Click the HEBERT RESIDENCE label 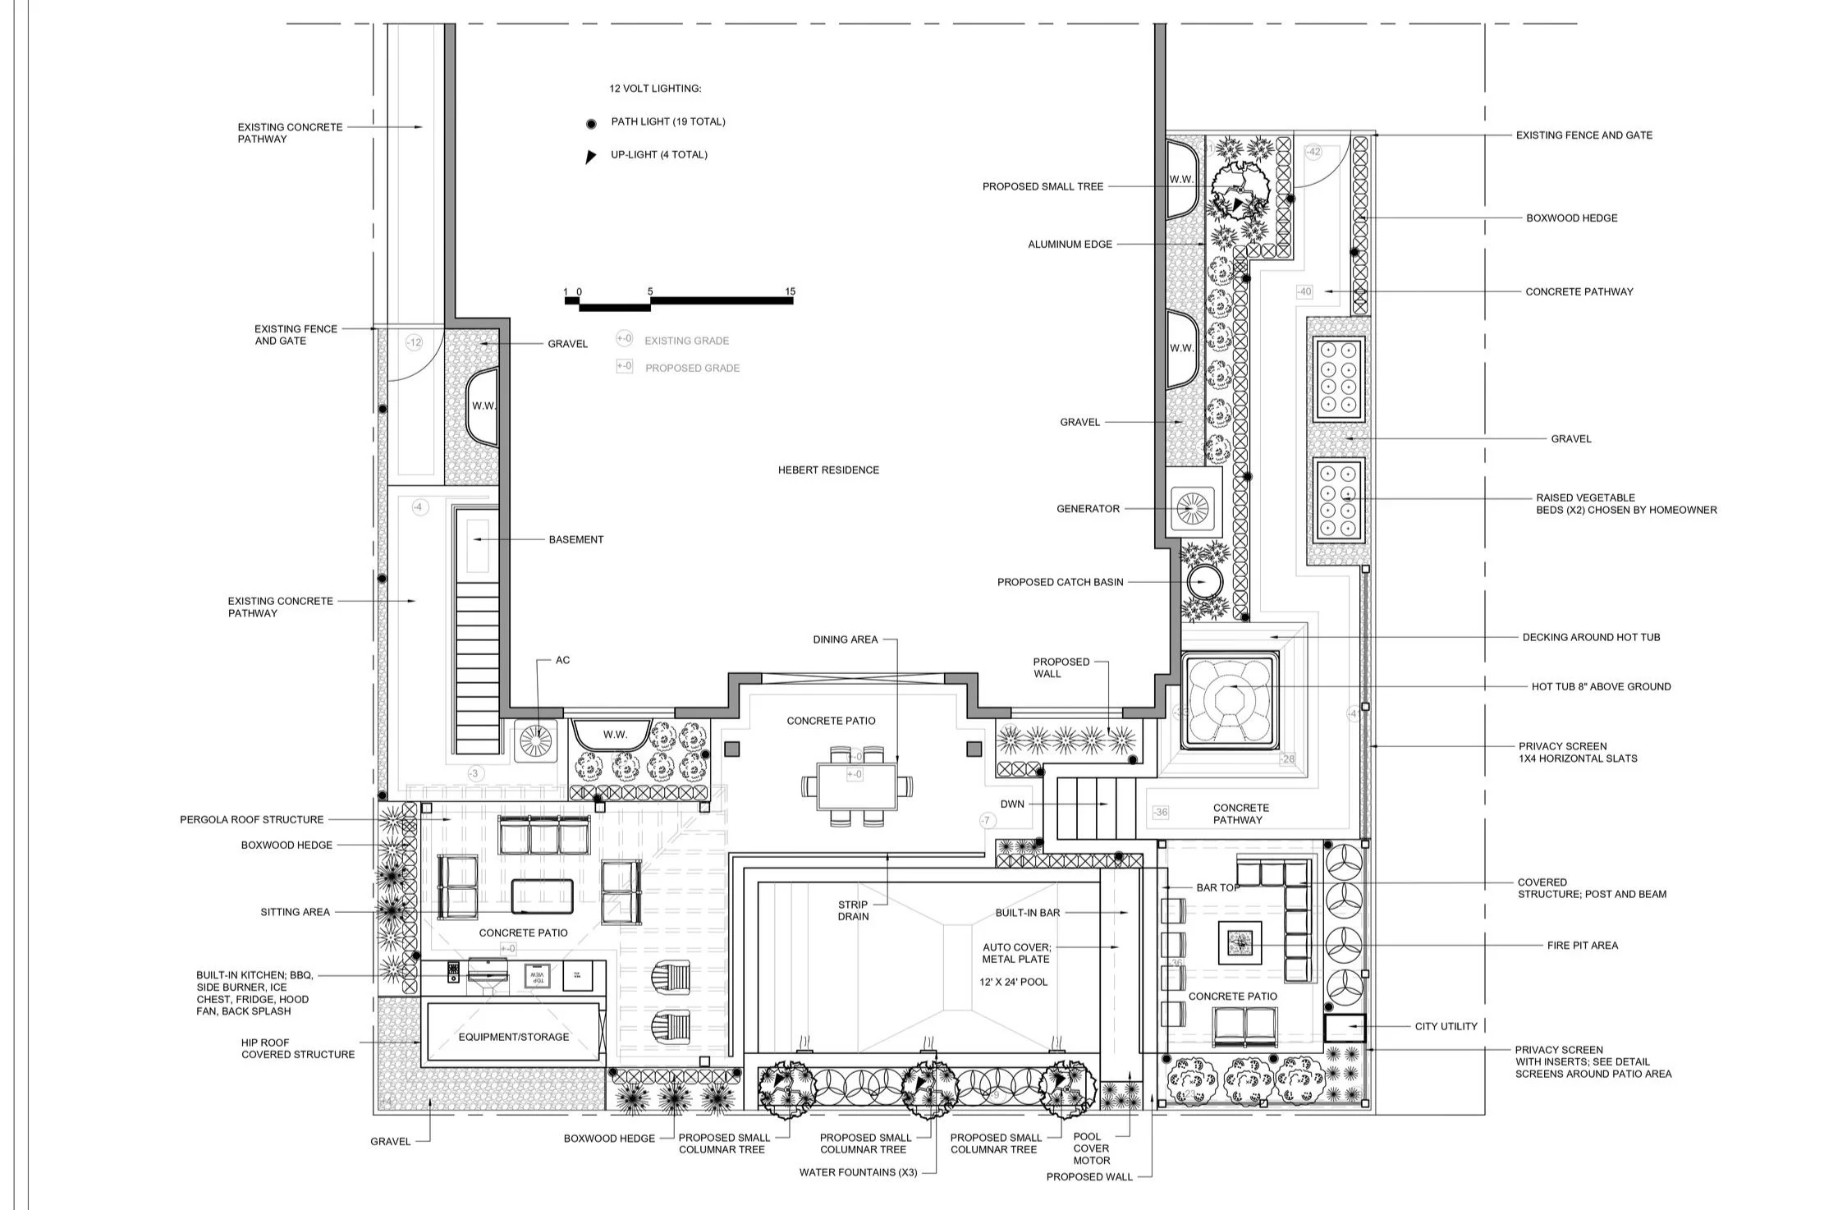coord(828,470)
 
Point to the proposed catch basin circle coord(1204,582)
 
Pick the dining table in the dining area coord(857,786)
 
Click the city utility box coord(1344,1027)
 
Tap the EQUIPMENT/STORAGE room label coord(513,1037)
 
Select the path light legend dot coord(590,124)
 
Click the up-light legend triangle coord(589,156)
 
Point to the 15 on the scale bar coord(790,291)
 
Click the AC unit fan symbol coord(534,740)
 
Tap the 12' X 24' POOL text coord(1013,982)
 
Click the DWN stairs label coord(1011,804)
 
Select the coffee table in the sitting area coord(542,896)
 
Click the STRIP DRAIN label coord(853,910)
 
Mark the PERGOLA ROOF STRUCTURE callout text coord(252,819)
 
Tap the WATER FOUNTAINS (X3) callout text coord(858,1172)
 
